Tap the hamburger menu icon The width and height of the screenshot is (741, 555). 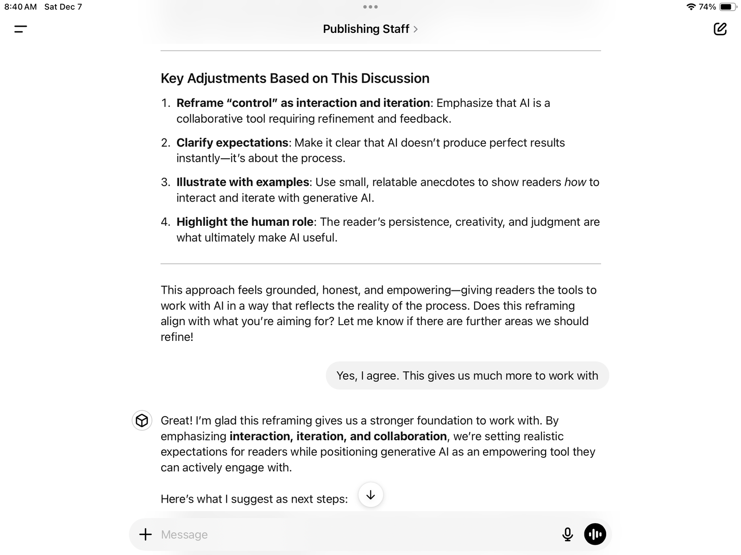[x=21, y=29]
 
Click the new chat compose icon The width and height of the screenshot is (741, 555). [x=720, y=29]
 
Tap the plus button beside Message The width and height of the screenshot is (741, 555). [x=145, y=534]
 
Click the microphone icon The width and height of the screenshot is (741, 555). [x=567, y=534]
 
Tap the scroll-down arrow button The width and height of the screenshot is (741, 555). [x=370, y=495]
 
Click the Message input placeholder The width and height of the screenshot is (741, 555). [x=184, y=535]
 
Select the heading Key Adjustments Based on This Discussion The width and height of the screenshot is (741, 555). [x=295, y=78]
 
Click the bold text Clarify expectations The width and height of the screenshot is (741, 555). [x=232, y=142]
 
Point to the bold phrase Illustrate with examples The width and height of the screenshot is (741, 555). [x=243, y=182]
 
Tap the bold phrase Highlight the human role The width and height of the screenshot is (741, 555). [x=245, y=222]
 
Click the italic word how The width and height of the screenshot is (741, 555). [x=575, y=182]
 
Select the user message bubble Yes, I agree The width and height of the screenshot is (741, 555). [x=467, y=376]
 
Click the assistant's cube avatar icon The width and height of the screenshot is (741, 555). [x=142, y=420]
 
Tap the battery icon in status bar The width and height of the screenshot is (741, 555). [x=728, y=7]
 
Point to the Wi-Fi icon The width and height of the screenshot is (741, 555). [x=691, y=7]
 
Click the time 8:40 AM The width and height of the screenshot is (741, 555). [x=20, y=7]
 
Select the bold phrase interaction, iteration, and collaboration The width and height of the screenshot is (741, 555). [x=338, y=436]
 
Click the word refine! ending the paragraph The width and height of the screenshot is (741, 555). [x=177, y=337]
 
